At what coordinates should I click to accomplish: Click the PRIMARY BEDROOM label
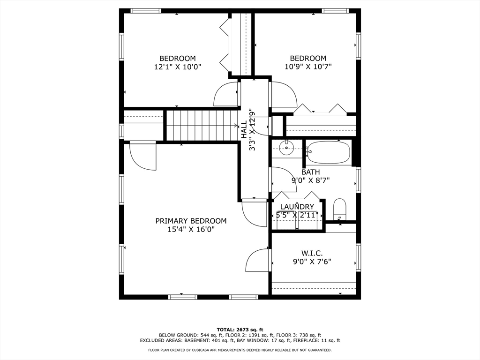(x=191, y=221)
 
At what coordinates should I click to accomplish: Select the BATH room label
(x=310, y=172)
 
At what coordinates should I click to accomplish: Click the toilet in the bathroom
(x=339, y=209)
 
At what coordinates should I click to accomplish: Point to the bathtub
(x=329, y=152)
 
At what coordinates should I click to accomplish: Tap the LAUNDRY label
(x=297, y=207)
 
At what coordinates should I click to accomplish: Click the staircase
(x=202, y=125)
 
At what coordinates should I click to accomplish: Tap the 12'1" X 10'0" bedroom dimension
(x=177, y=67)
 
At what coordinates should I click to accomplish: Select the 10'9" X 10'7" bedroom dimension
(x=308, y=67)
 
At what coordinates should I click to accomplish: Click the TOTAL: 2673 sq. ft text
(x=240, y=330)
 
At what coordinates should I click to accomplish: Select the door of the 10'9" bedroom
(x=283, y=95)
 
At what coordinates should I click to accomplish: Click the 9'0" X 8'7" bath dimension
(x=310, y=180)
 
